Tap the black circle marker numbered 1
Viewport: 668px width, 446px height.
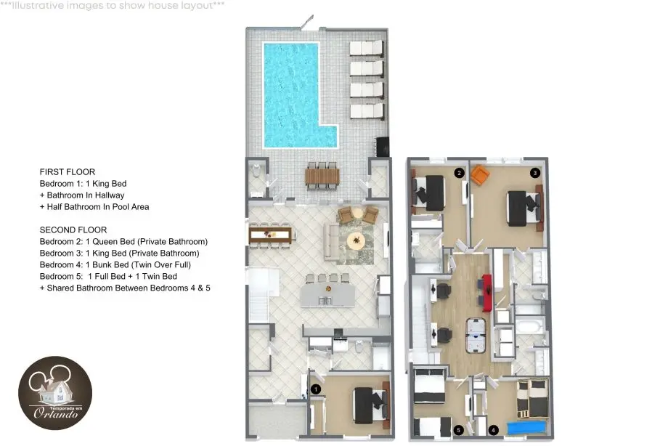(x=316, y=389)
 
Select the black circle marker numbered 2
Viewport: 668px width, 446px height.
(x=459, y=173)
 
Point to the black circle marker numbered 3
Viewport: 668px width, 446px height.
(x=534, y=173)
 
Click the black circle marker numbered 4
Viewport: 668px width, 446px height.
(x=493, y=430)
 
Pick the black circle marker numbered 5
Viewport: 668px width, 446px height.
(x=458, y=430)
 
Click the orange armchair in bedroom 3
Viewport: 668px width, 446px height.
(x=480, y=175)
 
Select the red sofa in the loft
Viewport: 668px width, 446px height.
(x=487, y=293)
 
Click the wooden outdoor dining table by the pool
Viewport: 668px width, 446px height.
(x=322, y=176)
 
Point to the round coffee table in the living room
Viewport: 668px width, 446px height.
(x=357, y=241)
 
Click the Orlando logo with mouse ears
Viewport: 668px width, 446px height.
(x=55, y=393)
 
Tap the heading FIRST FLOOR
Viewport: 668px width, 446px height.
(x=68, y=172)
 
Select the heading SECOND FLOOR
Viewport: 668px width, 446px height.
(x=73, y=230)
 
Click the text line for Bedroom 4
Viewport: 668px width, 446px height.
(x=115, y=265)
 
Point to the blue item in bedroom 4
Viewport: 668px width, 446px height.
(x=526, y=428)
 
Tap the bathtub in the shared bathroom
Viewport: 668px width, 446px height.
(x=529, y=327)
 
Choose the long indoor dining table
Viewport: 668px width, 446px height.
(x=271, y=235)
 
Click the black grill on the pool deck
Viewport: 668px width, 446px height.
(x=382, y=147)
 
